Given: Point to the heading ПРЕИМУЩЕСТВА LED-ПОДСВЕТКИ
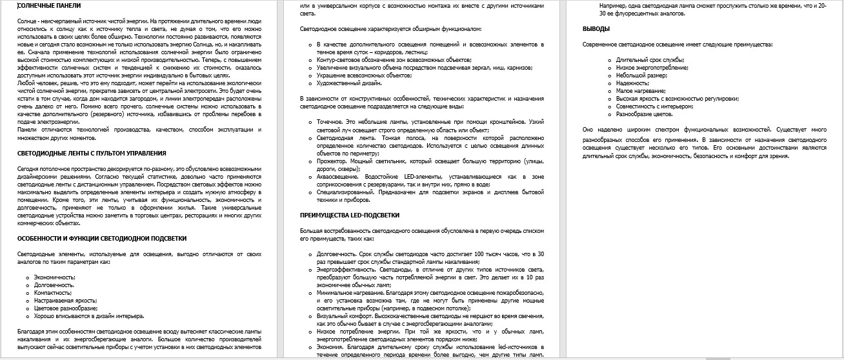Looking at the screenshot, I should pos(350,215).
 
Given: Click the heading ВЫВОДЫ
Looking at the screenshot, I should pos(596,29).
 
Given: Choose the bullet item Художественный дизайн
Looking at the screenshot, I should pos(350,83).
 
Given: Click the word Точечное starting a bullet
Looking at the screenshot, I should pos(331,121).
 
